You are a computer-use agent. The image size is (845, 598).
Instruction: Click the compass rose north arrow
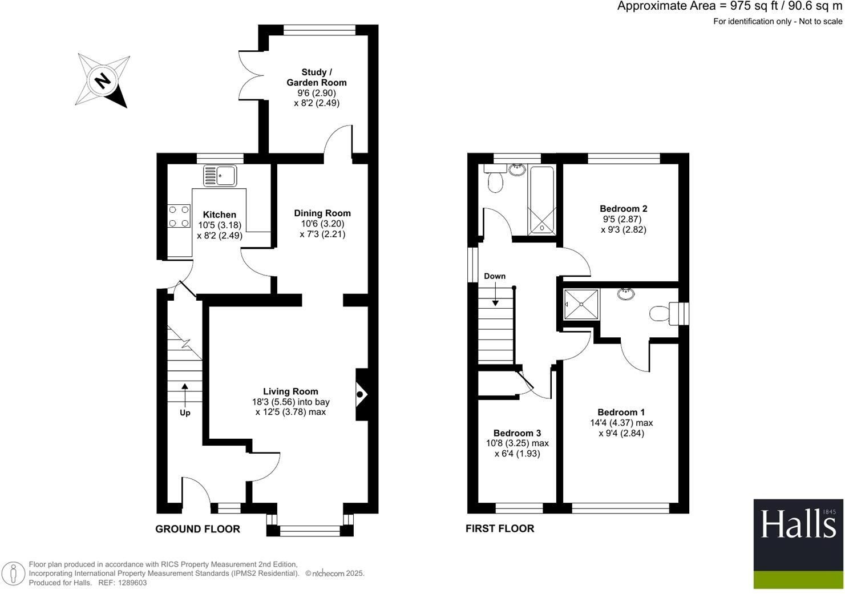click(x=103, y=80)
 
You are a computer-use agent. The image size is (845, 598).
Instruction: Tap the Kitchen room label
click(x=220, y=215)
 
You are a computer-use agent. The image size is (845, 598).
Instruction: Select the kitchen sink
click(x=220, y=176)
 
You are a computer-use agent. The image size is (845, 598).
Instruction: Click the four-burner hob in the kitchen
click(x=179, y=216)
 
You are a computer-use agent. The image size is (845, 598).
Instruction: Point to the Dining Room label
click(x=322, y=213)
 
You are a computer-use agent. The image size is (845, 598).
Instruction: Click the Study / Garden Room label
click(x=317, y=77)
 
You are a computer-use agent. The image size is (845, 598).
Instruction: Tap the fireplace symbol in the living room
click(x=361, y=394)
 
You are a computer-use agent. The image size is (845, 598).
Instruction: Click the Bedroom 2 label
click(x=623, y=209)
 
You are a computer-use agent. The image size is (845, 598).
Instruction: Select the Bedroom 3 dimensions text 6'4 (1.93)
click(x=517, y=454)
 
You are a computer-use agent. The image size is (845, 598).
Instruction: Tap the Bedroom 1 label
click(x=621, y=412)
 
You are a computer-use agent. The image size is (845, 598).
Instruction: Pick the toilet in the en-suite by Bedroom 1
click(x=659, y=313)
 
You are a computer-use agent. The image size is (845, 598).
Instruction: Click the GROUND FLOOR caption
click(x=197, y=529)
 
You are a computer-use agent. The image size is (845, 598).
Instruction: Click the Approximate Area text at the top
click(x=729, y=6)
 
